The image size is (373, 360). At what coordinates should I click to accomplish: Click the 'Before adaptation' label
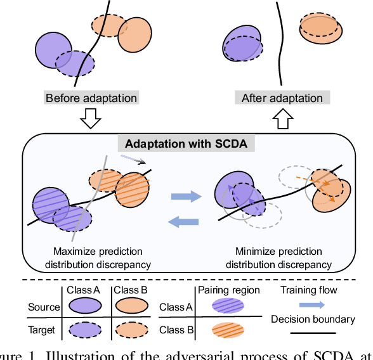tap(91, 98)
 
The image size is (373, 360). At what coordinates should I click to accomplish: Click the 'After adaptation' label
tap(282, 98)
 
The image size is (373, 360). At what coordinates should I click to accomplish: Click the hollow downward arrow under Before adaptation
tap(91, 119)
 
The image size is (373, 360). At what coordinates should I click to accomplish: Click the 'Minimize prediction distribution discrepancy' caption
tap(278, 258)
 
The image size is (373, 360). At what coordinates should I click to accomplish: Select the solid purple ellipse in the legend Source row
tap(84, 306)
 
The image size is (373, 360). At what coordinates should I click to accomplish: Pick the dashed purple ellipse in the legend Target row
tap(84, 331)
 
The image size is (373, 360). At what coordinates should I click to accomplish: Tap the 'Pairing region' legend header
tap(229, 290)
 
